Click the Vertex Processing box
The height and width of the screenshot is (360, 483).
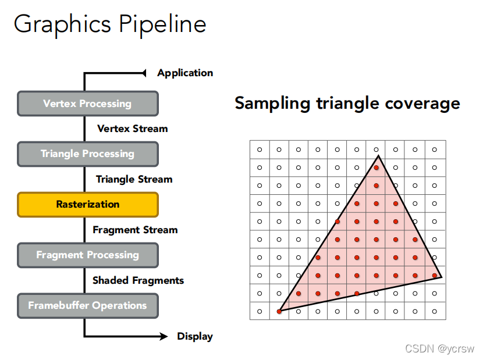[87, 104]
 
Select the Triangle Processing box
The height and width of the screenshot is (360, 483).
[87, 154]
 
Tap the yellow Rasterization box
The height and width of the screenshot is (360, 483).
[87, 205]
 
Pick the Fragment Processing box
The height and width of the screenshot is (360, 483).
[87, 255]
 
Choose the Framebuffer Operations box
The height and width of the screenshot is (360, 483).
[87, 305]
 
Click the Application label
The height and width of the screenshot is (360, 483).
[185, 73]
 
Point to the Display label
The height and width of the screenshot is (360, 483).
[195, 336]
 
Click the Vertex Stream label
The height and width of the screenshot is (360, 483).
[132, 129]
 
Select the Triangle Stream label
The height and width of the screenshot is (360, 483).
[134, 179]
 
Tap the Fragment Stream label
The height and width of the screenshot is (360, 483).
[135, 230]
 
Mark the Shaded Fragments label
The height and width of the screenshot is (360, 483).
[138, 280]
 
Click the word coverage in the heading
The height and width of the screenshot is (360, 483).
[422, 104]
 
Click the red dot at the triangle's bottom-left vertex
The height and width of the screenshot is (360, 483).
[279, 312]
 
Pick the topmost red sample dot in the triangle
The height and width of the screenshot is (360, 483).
[377, 168]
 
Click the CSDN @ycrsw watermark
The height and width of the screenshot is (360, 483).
[439, 349]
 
